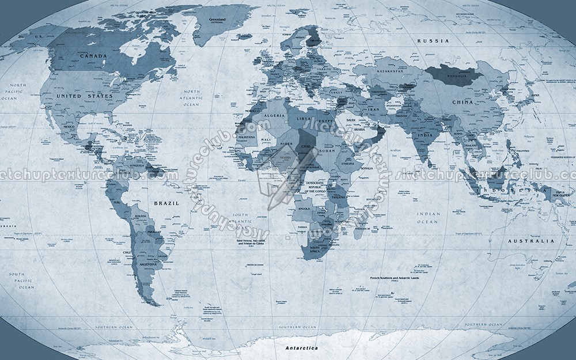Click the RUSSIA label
pyautogui.click(x=433, y=41)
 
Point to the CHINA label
pyautogui.click(x=462, y=102)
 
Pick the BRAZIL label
pyautogui.click(x=166, y=203)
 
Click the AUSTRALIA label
pyautogui.click(x=530, y=241)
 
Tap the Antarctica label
pyautogui.click(x=302, y=348)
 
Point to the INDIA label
pyautogui.click(x=425, y=135)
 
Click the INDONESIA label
pyautogui.click(x=506, y=189)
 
